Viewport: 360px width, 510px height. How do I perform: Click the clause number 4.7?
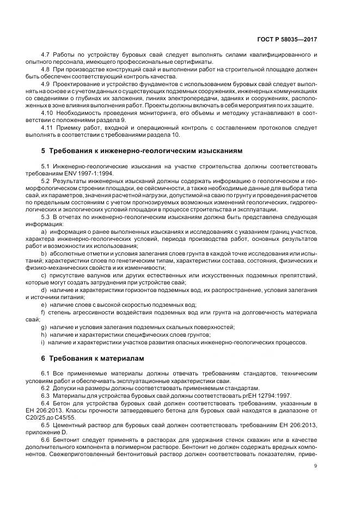46,55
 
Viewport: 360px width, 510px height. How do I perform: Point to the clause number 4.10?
47,112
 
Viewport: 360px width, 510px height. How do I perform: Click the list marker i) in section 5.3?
42,342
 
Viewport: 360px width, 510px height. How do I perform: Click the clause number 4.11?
47,126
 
